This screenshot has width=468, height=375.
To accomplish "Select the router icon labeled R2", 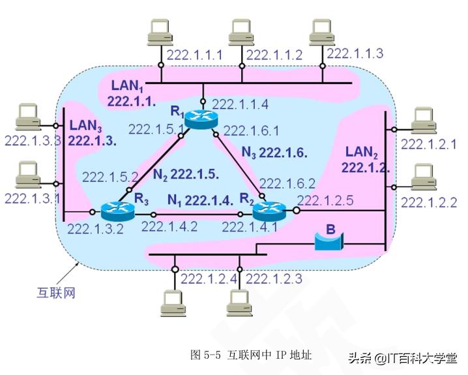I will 269,209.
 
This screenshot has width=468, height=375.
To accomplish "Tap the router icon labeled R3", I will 117,211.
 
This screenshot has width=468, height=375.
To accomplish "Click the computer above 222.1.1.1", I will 159,32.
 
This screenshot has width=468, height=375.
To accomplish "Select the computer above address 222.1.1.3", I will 321,32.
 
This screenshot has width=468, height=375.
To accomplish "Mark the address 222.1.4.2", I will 169,227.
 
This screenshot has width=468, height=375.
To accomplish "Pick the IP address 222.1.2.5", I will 325,201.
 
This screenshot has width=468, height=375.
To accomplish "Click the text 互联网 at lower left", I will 55,292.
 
